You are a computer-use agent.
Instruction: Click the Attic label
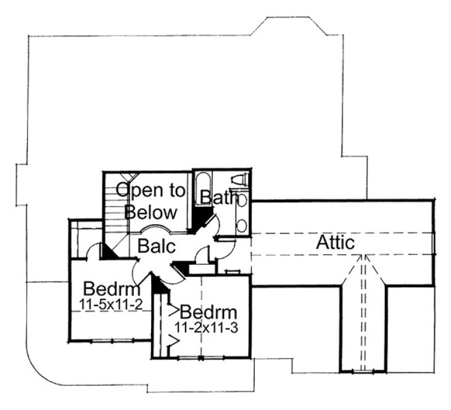pos(336,243)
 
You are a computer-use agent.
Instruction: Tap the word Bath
pos(215,198)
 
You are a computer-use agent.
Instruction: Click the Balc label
pos(157,246)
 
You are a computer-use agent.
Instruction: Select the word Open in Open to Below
pos(134,191)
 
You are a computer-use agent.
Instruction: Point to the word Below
pos(151,212)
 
